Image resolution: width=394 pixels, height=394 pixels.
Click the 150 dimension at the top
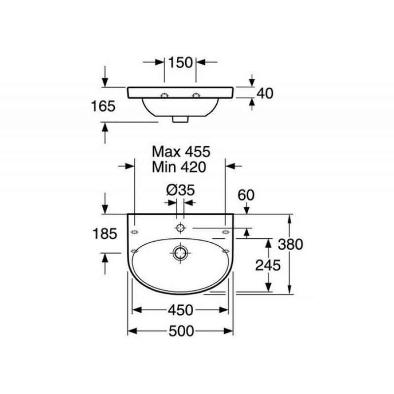pyautogui.click(x=180, y=63)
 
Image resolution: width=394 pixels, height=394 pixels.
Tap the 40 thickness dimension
pyautogui.click(x=265, y=93)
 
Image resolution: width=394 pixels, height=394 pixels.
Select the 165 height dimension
pyautogui.click(x=103, y=106)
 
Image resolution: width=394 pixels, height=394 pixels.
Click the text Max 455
pyautogui.click(x=181, y=152)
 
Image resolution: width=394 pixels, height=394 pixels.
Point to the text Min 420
pyautogui.click(x=179, y=167)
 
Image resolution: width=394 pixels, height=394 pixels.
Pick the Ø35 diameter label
pyautogui.click(x=180, y=190)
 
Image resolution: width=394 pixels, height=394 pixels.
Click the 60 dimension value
pyautogui.click(x=246, y=195)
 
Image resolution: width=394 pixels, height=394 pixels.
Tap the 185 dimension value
pyautogui.click(x=105, y=233)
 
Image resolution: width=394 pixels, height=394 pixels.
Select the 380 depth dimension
pyautogui.click(x=291, y=244)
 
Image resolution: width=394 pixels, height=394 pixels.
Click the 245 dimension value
pyautogui.click(x=268, y=265)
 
